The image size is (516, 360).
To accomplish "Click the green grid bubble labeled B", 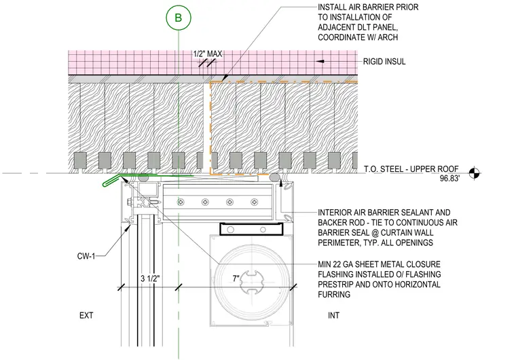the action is [x=179, y=18].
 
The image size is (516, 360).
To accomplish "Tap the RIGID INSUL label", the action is [x=384, y=62].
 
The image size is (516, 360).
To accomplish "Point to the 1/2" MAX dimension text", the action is [x=207, y=54].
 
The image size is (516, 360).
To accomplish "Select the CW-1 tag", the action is [x=86, y=256].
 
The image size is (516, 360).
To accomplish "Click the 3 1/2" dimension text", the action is [x=150, y=278].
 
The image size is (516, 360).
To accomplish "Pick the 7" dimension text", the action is [x=236, y=278].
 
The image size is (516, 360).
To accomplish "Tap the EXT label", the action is [x=86, y=316].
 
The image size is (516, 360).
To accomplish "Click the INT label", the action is [x=333, y=316].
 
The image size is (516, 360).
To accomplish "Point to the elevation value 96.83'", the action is [x=449, y=179].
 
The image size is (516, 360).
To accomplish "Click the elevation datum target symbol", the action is [x=474, y=173].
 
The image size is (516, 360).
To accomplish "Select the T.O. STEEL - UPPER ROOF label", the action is [x=411, y=169].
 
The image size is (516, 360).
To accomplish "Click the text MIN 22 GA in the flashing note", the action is [x=340, y=264].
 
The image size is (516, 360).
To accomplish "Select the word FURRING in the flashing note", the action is [x=334, y=295].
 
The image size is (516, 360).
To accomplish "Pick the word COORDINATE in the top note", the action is [x=342, y=37].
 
